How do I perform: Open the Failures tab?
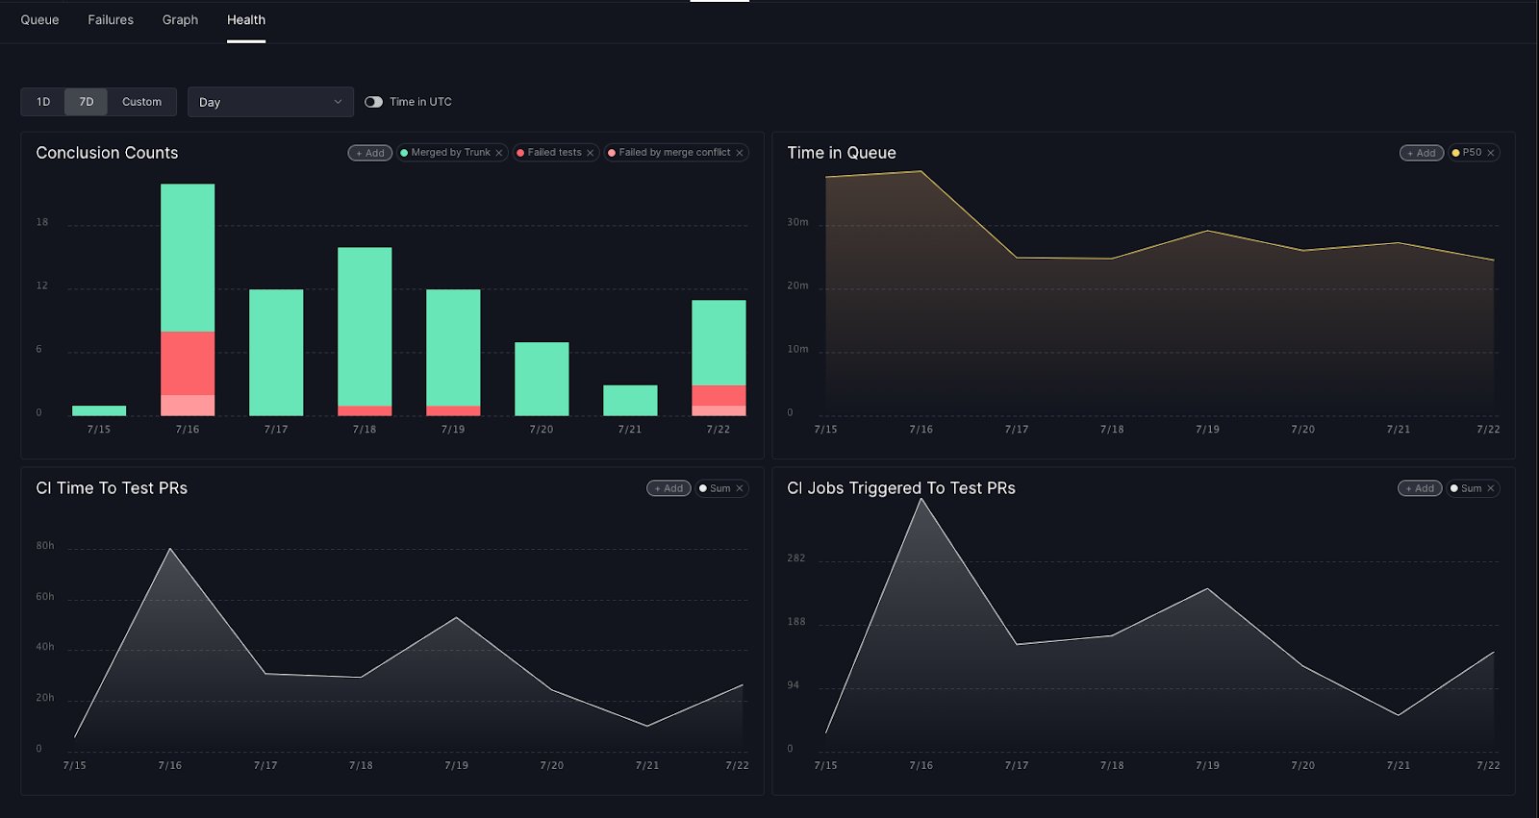point(111,20)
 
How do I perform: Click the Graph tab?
point(180,20)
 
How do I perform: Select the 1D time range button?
point(43,102)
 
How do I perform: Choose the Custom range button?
point(141,102)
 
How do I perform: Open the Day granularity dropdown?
point(270,102)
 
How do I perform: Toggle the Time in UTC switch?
point(373,102)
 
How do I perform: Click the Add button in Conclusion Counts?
point(369,153)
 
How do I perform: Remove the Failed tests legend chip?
point(591,153)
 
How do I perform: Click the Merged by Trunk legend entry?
point(451,153)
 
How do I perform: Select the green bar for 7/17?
point(276,353)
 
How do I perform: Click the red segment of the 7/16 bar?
point(188,363)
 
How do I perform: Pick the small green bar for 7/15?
point(99,410)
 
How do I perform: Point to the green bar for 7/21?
point(630,401)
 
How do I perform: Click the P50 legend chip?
point(1473,153)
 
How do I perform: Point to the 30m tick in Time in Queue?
point(797,222)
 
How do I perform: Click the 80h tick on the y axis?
point(44,545)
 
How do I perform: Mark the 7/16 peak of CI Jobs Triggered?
point(921,499)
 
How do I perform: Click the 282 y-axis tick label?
point(795,558)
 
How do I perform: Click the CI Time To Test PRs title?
point(112,487)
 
